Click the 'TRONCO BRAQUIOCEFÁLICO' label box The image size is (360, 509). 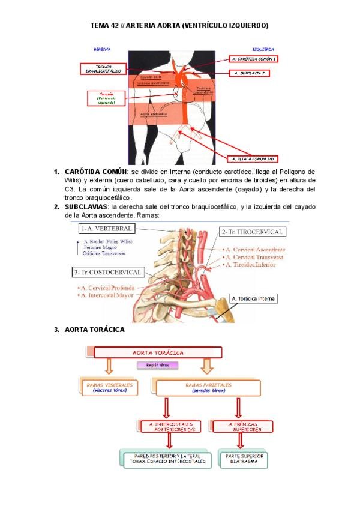[103, 68]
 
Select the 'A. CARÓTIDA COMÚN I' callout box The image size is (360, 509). [254, 59]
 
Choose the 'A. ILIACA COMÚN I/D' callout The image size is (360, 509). [254, 158]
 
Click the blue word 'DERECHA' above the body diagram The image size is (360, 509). [101, 49]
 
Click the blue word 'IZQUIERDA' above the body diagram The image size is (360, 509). [263, 49]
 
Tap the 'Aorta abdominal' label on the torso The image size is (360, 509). [149, 113]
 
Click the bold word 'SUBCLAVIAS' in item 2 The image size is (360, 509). [86, 206]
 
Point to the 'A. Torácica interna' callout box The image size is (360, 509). [254, 298]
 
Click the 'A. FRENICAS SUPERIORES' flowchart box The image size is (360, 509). [243, 426]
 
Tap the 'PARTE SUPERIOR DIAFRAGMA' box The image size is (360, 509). [243, 460]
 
